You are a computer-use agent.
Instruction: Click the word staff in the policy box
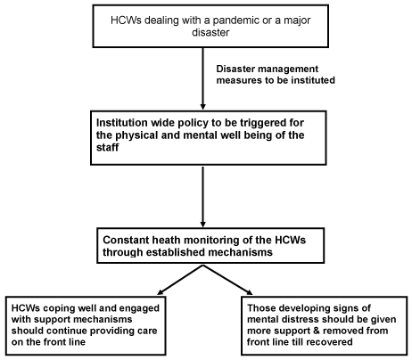(x=108, y=147)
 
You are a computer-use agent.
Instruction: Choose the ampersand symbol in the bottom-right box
(x=316, y=331)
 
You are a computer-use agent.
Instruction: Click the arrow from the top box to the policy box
(x=203, y=78)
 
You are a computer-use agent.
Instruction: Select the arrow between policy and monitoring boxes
(x=203, y=197)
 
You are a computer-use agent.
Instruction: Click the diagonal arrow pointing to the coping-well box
(x=180, y=280)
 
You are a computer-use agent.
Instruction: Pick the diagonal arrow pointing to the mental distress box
(x=227, y=280)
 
